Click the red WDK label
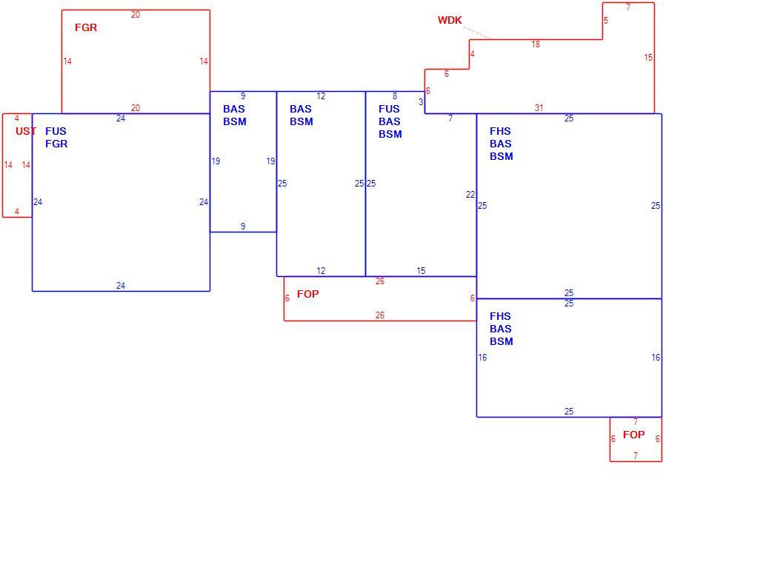click(450, 21)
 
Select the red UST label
click(26, 131)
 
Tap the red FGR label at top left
click(86, 27)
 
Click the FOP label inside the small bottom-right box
click(633, 435)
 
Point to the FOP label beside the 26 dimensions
click(308, 294)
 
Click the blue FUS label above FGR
click(56, 131)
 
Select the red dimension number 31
click(539, 108)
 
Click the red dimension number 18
click(536, 44)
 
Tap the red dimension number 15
click(648, 58)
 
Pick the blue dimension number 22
click(470, 195)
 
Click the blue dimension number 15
click(421, 270)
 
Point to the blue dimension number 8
click(395, 96)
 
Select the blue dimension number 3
click(421, 102)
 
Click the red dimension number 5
click(606, 21)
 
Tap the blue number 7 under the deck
click(450, 118)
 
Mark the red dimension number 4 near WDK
click(473, 53)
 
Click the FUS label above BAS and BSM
click(390, 109)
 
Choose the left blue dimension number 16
click(482, 357)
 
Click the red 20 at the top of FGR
click(136, 15)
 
